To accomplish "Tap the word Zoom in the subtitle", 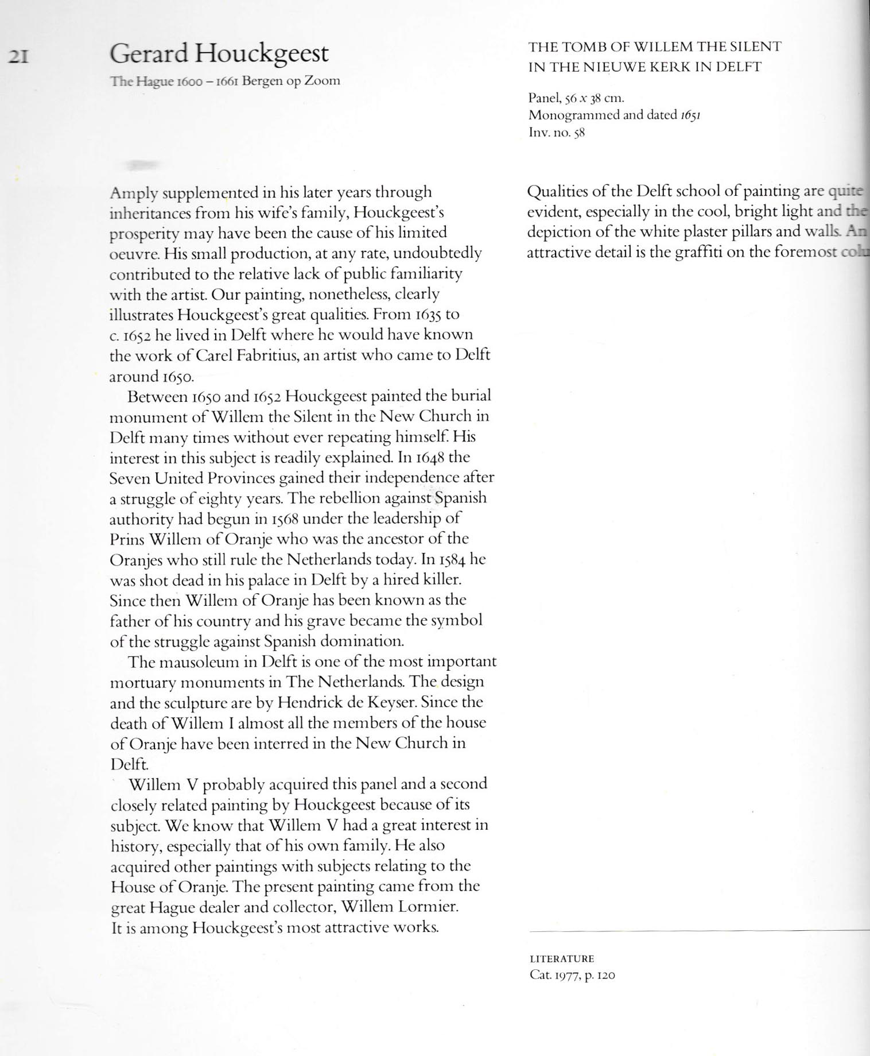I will (x=321, y=80).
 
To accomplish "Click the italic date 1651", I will (x=690, y=115).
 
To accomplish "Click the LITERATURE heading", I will (x=561, y=958).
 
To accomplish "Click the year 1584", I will (x=452, y=559).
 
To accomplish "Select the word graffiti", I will (x=699, y=253).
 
